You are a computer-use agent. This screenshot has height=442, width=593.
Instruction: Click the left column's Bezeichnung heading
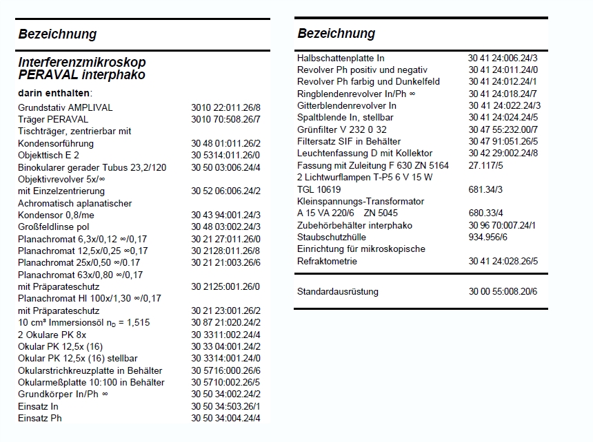57,34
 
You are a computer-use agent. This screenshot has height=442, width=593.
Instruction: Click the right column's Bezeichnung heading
336,33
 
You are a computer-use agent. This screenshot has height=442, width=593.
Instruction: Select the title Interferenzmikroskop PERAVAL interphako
82,68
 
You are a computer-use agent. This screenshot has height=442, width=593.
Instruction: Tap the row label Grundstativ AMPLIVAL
65,107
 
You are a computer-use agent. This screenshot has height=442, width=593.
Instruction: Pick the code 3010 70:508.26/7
226,119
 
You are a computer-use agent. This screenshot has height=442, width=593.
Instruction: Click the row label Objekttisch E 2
48,155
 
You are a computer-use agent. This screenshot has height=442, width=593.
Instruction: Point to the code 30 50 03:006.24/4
226,167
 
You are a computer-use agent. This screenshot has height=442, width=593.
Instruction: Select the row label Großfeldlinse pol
54,227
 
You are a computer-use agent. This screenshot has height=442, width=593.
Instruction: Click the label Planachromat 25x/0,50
79,262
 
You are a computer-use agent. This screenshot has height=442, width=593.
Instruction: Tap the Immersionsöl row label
83,322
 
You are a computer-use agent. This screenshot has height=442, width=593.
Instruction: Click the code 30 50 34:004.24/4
226,418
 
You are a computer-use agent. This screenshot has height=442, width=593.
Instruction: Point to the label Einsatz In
38,406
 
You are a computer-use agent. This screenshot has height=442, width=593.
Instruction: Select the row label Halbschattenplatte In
341,58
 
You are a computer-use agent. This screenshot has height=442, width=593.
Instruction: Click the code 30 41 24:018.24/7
503,94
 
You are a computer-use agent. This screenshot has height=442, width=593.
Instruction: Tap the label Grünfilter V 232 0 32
342,129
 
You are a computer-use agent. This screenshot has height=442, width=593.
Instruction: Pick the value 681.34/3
485,189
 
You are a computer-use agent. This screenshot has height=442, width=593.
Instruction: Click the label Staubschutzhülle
330,237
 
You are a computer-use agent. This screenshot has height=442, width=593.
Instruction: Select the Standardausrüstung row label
338,291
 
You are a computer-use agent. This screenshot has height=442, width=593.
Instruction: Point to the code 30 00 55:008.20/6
503,291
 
